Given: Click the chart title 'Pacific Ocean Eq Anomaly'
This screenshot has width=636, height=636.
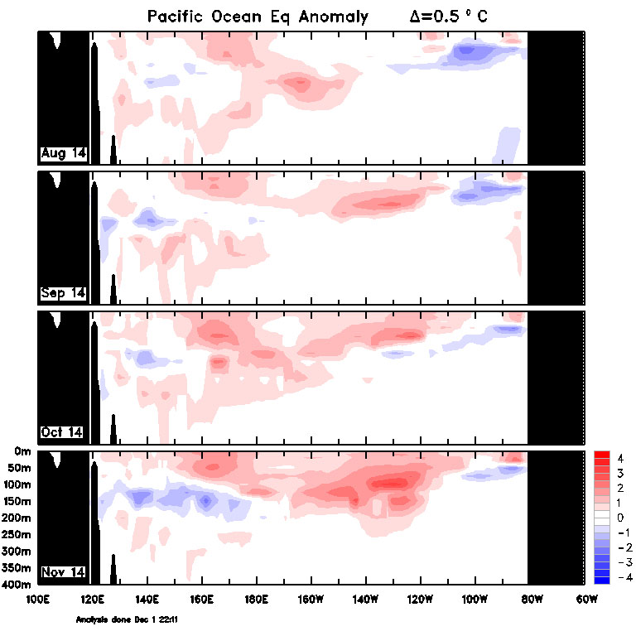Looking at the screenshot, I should (258, 17).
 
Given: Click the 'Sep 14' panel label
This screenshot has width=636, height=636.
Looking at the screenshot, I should (63, 292).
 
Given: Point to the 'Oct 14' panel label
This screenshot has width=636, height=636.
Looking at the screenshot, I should (63, 432).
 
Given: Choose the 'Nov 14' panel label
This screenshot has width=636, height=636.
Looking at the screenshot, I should (63, 572).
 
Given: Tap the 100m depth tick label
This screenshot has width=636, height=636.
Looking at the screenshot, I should (17, 484).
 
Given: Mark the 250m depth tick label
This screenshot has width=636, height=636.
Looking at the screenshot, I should (17, 535).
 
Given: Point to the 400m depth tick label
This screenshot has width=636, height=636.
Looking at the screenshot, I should (17, 585).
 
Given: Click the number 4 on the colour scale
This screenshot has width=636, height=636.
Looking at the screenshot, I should (619, 457).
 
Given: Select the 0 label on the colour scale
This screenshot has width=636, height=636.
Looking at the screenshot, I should (619, 517).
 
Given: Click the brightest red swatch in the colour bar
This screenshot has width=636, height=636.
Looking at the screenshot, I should (602, 455).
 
